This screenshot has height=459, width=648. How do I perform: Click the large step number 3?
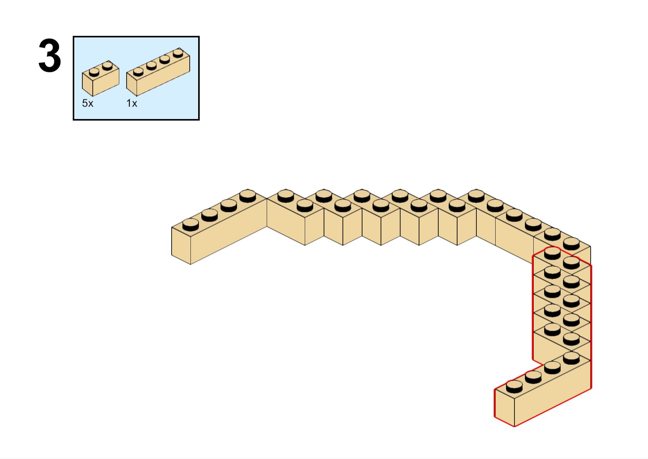[x=50, y=55]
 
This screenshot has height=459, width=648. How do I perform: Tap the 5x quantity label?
[x=88, y=103]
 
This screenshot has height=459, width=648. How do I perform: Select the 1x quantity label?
[x=132, y=103]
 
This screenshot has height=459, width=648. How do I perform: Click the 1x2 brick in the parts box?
[x=100, y=79]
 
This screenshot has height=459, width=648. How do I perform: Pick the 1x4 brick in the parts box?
[x=158, y=72]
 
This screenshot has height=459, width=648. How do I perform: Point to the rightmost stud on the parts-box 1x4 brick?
[x=178, y=54]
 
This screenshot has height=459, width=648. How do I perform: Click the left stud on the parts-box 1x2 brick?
[x=94, y=72]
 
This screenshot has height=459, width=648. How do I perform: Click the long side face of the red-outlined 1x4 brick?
[x=553, y=394]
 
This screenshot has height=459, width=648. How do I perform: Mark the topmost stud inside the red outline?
[x=552, y=253]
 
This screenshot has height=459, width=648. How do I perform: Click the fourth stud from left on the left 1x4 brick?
[x=248, y=196]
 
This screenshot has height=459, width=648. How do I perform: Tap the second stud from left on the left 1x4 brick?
[x=210, y=215]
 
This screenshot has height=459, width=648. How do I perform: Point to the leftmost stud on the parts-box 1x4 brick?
[x=138, y=72]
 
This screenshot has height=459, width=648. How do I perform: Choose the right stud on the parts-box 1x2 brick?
[x=107, y=66]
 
